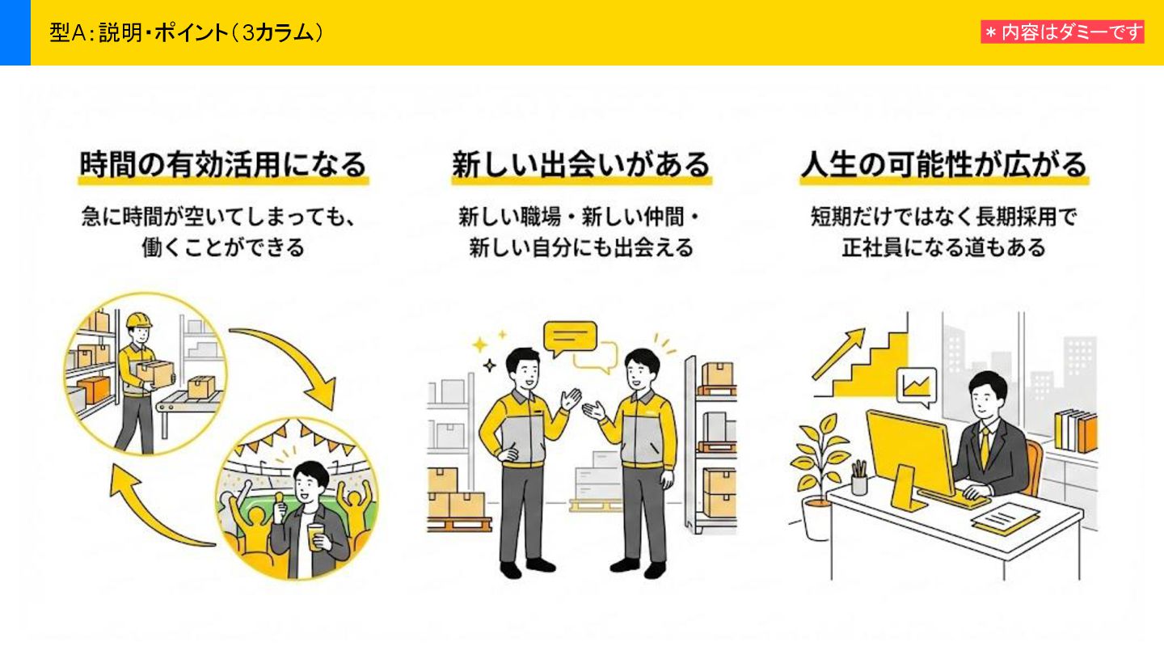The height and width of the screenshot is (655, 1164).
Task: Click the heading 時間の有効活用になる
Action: (x=223, y=164)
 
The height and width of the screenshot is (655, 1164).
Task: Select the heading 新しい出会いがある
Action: (x=580, y=164)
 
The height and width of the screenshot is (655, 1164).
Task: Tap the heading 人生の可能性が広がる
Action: (x=943, y=164)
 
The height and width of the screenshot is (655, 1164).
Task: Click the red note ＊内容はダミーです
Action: (x=1062, y=32)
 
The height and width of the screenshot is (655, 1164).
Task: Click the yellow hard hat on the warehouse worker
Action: (x=138, y=319)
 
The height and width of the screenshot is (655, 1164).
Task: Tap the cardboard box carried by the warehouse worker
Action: (x=155, y=372)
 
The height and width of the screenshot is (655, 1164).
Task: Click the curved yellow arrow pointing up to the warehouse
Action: (x=154, y=509)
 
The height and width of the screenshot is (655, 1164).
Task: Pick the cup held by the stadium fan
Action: (x=314, y=535)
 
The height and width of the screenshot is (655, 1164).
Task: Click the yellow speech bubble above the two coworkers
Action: (x=570, y=339)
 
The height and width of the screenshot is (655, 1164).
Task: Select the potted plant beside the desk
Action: (x=819, y=477)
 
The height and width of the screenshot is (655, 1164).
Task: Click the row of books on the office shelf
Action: (x=1075, y=431)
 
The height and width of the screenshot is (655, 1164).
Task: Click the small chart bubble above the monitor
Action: (x=917, y=387)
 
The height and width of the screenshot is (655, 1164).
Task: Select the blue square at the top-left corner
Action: (x=15, y=32)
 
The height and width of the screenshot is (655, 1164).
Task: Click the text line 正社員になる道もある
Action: (x=943, y=247)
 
